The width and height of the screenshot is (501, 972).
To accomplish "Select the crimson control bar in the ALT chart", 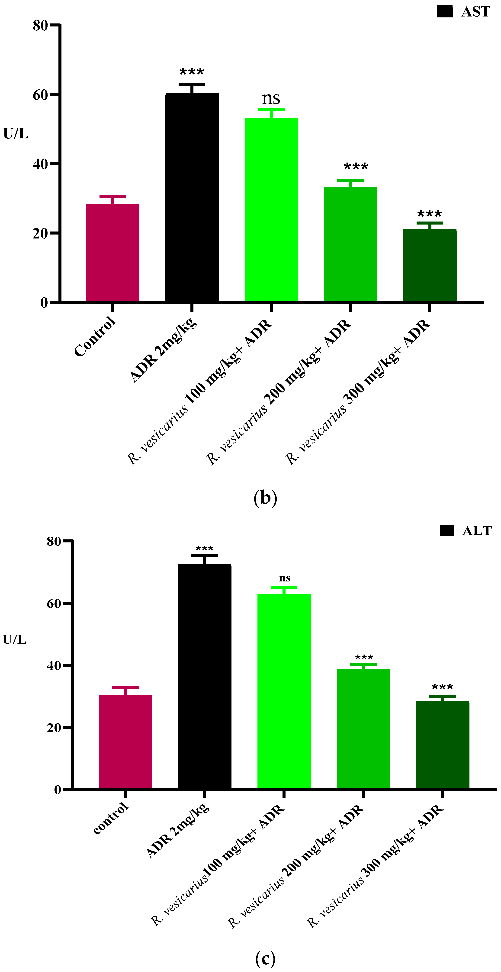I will (x=125, y=741).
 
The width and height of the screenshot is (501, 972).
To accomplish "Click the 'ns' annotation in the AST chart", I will (x=271, y=99).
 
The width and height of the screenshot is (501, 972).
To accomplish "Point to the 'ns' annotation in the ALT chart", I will (x=285, y=578).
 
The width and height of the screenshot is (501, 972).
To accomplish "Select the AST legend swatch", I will (x=445, y=12).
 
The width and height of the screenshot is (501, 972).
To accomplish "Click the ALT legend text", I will (x=477, y=531).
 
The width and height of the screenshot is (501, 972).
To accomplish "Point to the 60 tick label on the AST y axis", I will (x=40, y=95).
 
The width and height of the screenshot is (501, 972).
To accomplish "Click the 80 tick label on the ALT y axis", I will (x=54, y=541).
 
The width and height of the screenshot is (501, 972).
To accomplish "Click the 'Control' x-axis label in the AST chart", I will (x=95, y=337).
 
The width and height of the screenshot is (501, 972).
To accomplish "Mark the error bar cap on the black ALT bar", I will (x=205, y=555).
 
